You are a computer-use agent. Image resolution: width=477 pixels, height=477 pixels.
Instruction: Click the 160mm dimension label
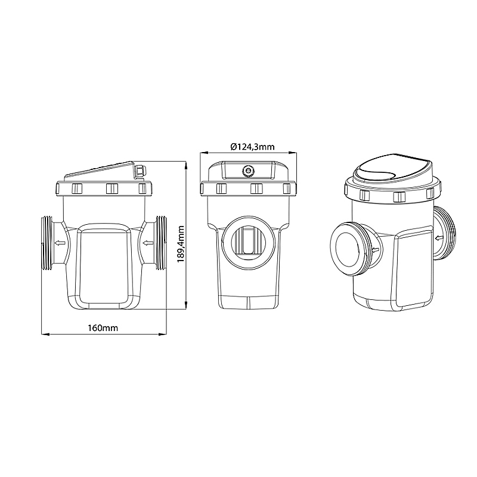pos(103,329)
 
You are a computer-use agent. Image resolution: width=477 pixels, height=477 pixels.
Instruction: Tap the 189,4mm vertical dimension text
pos(181,244)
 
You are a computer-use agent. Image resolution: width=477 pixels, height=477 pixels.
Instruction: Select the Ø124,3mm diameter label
pos(252,147)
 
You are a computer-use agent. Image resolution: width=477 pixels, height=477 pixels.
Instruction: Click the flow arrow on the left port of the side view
pos(60,243)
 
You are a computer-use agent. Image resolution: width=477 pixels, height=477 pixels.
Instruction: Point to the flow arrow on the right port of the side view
pos(148,243)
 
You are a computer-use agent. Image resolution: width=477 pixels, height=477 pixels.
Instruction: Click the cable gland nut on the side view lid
pos(140,171)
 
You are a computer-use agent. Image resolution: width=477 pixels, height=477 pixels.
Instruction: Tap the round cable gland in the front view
pos(249,171)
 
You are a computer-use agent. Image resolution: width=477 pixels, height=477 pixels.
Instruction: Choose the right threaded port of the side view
pos(161,243)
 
